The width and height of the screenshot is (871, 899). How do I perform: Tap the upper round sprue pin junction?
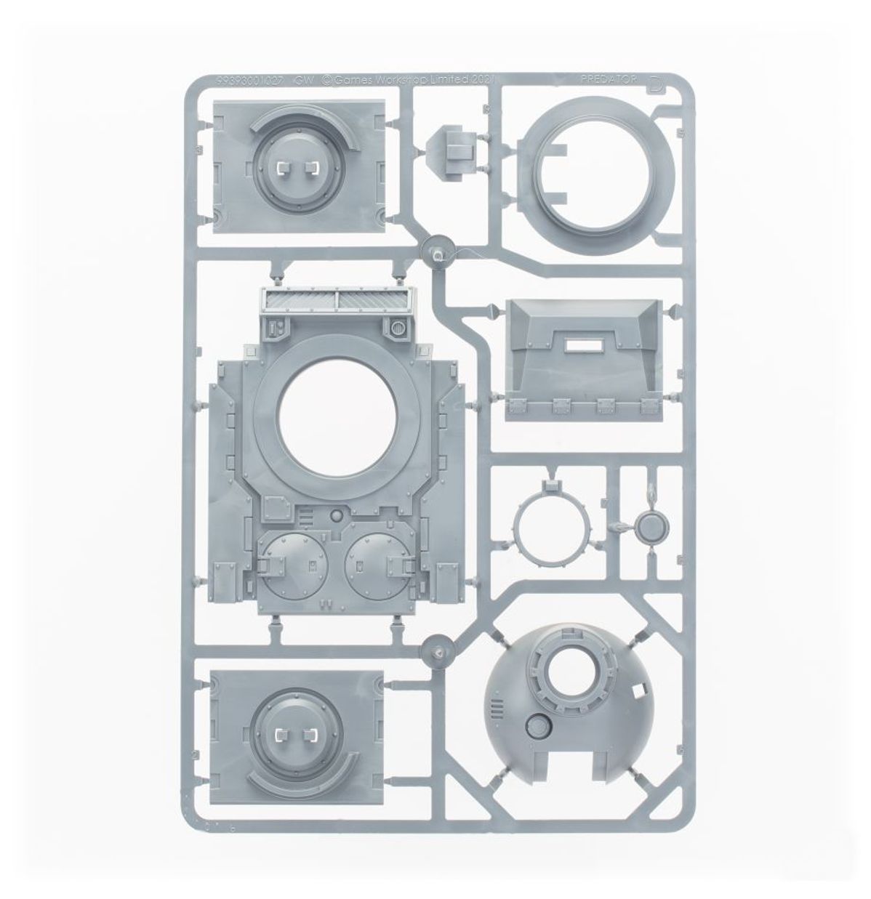pos(438,249)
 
